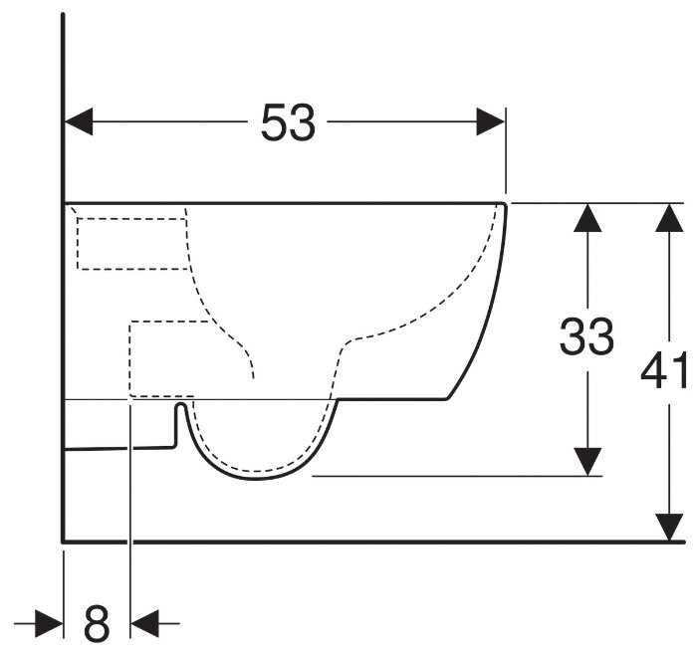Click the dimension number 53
(288, 122)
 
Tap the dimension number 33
(586, 338)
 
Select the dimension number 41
(665, 372)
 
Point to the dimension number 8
(96, 625)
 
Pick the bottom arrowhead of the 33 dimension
(589, 461)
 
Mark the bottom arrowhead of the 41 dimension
(669, 528)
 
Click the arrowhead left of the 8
(49, 625)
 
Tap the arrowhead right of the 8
(144, 625)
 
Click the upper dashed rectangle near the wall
(132, 243)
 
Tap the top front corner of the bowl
(506, 204)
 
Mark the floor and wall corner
(64, 542)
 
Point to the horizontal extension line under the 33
(458, 476)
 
